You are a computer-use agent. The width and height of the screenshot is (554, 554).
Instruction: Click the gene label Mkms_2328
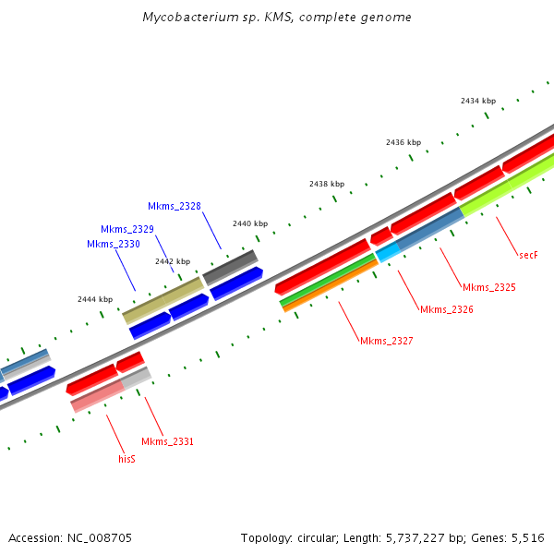coord(175,206)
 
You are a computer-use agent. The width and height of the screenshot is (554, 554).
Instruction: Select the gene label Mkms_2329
coord(127,229)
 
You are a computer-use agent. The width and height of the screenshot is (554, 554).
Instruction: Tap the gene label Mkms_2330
coord(114,244)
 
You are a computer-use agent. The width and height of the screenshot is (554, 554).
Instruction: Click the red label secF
coord(528,254)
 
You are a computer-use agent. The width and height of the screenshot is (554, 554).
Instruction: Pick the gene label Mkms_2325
coord(488,288)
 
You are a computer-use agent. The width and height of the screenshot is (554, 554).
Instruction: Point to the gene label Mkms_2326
coord(447,309)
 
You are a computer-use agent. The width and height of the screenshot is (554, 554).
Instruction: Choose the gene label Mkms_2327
coord(386,341)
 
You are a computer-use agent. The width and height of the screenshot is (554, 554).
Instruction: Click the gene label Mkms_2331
coord(167,441)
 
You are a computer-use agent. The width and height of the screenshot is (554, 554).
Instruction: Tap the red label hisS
coord(127,458)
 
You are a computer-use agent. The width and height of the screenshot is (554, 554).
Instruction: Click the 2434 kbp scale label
coord(478,101)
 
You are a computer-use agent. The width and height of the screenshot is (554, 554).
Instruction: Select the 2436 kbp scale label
coord(403,142)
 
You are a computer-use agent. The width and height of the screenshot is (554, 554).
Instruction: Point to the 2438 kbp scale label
coord(327,184)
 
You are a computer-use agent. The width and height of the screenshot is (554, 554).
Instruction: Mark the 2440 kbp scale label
coord(250,223)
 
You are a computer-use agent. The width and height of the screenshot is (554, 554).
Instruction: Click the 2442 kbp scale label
coord(173,261)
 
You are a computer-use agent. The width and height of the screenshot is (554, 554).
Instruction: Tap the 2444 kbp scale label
coord(95,299)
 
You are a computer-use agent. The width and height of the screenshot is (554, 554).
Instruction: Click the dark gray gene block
coord(230,267)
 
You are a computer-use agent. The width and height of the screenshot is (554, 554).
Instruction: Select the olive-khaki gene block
coord(163,300)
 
